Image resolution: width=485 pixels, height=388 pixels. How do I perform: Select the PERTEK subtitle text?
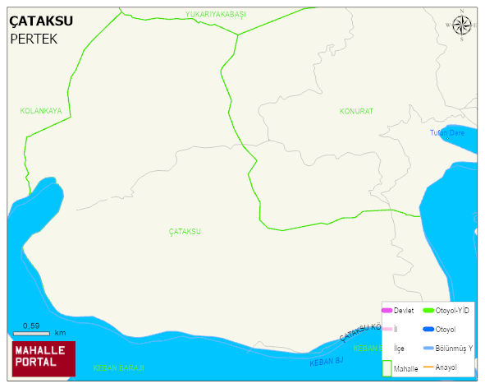tap(34, 39)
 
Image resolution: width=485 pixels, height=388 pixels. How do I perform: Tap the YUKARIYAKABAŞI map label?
tap(216, 15)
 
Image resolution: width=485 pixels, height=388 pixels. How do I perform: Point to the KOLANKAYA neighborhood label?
tap(41, 110)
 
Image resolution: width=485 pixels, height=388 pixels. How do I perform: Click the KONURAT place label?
tap(356, 110)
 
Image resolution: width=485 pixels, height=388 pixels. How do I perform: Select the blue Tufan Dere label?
tap(447, 132)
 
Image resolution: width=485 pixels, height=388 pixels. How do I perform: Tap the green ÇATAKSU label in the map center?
tap(185, 232)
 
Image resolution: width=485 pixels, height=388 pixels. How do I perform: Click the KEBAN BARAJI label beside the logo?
tap(118, 367)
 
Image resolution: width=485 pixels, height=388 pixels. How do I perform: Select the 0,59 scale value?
tap(31, 326)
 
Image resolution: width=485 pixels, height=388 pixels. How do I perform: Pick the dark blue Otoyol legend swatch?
tap(428, 330)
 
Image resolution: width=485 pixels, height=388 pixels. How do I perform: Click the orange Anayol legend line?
tap(428, 367)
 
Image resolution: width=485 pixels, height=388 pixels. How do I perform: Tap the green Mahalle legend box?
tap(387, 367)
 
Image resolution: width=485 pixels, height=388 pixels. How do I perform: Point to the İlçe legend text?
tap(400, 349)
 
